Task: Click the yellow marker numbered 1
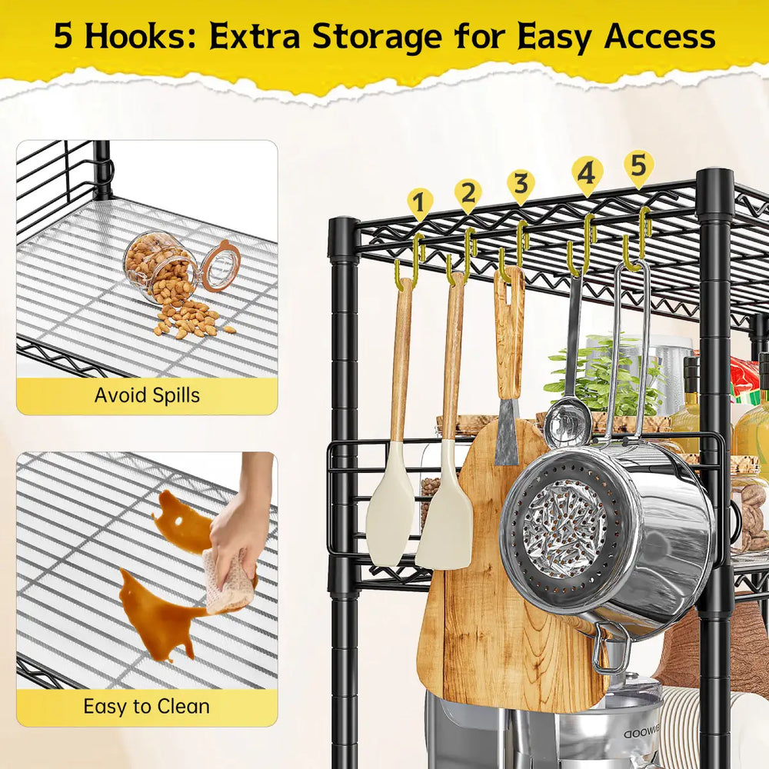coord(419,203)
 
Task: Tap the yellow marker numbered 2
coord(468,195)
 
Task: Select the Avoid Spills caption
coord(147,395)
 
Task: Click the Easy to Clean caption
coord(147,707)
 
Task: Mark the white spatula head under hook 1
coord(391,505)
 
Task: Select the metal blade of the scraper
coord(507,432)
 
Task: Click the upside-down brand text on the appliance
coord(641,734)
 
